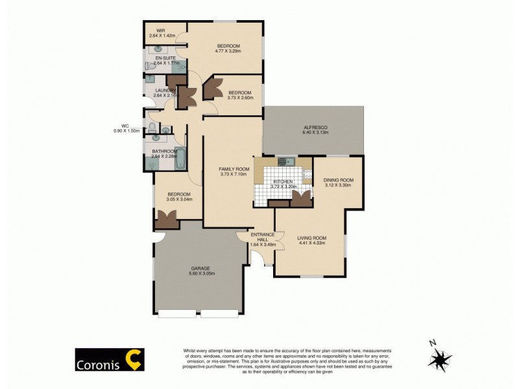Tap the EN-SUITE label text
(x=165, y=58)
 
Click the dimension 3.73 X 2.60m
(x=241, y=98)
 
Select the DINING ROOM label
(x=338, y=180)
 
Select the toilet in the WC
(x=151, y=128)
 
